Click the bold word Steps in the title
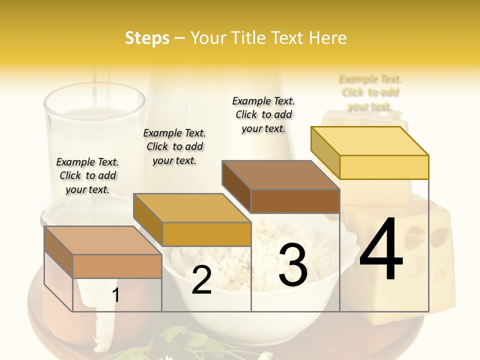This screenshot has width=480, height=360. tap(147, 38)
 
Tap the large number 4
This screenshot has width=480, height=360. tap(381, 249)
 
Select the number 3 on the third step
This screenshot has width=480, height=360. tap(292, 265)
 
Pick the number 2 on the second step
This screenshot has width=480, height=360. tap(201, 280)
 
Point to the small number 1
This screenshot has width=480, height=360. tap(115, 295)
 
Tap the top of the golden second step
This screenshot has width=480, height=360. tap(192, 208)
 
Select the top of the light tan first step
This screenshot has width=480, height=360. tap(103, 240)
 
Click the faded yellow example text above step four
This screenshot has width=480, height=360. tap(370, 92)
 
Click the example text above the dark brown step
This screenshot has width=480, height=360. tap(263, 114)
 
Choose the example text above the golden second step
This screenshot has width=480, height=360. tap(174, 146)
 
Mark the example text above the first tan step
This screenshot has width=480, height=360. tap(87, 175)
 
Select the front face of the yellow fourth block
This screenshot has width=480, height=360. tap(384, 167)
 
